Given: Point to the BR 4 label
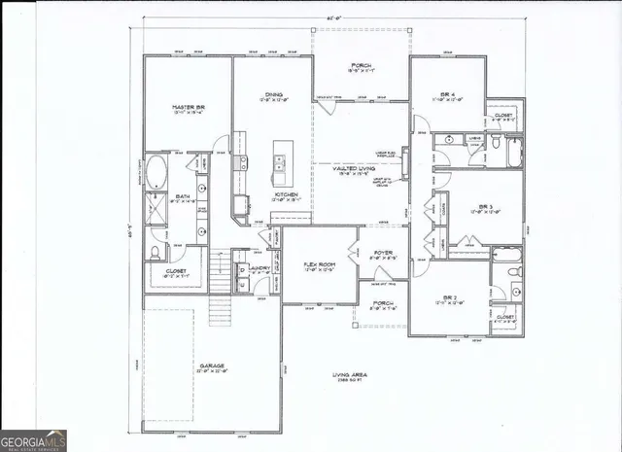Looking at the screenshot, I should click(445, 93).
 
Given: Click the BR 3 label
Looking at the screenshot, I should click(484, 207).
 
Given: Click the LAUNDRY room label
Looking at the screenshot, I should click(259, 267).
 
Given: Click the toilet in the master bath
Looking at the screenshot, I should click(155, 253).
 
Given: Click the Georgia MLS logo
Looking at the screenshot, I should click(33, 439).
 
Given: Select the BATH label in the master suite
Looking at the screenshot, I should click(182, 196).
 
